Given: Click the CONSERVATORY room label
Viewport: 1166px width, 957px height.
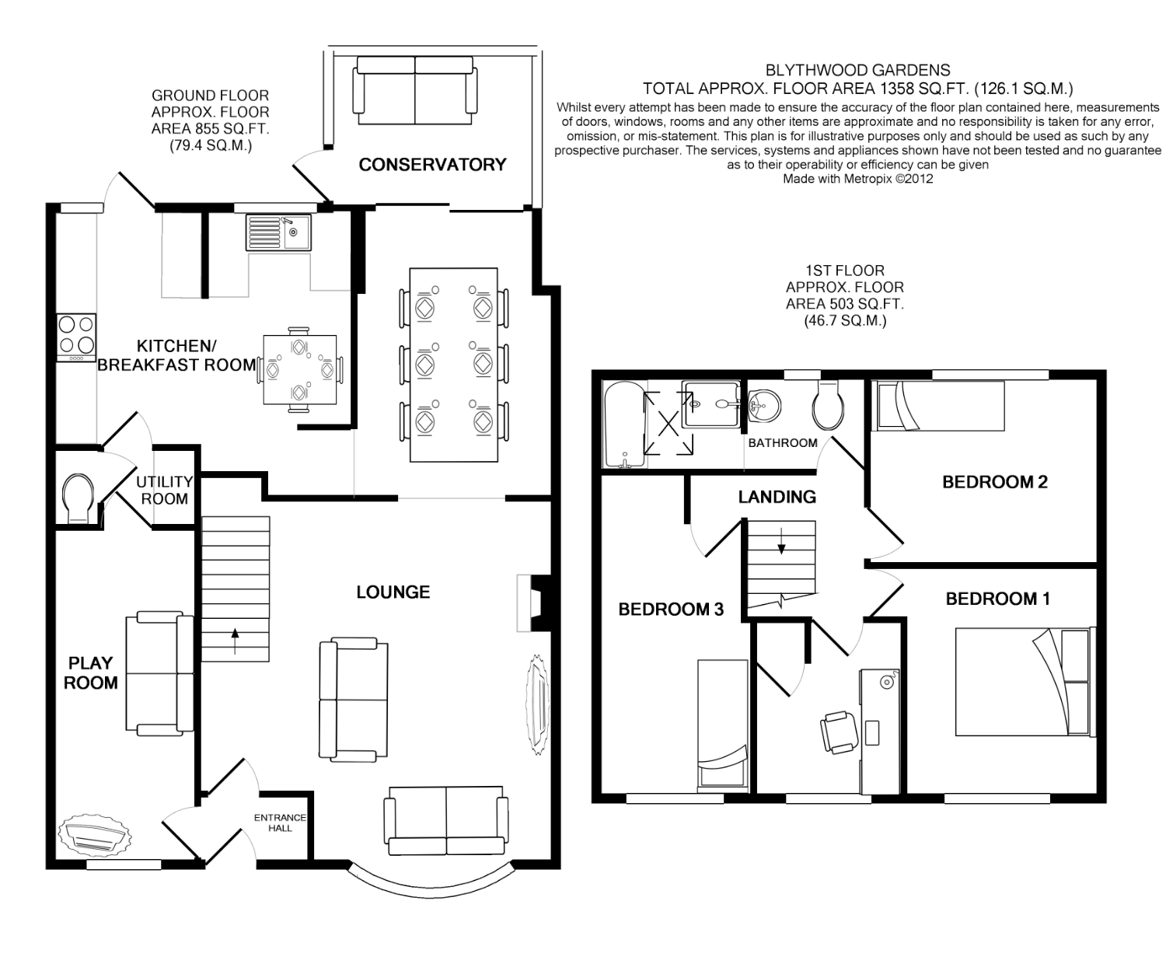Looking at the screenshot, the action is pyautogui.click(x=432, y=165).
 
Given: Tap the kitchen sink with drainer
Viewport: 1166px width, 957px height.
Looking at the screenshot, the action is pyautogui.click(x=278, y=232).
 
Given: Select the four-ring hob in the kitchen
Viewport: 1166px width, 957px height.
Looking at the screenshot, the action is pyautogui.click(x=76, y=338).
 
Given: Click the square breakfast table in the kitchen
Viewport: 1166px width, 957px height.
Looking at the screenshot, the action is pyautogui.click(x=299, y=369).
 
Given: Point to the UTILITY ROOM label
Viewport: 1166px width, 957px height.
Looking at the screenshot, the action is pyautogui.click(x=164, y=491).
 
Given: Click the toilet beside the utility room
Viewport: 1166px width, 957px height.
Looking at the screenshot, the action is pyautogui.click(x=78, y=498).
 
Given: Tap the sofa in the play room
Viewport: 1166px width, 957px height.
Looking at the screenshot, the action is pyautogui.click(x=160, y=672).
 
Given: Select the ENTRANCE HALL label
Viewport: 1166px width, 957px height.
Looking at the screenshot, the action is pyautogui.click(x=280, y=823).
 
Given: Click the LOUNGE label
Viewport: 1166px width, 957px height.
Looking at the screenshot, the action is pyautogui.click(x=393, y=592).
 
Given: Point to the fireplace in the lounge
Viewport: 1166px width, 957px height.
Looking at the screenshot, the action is pyautogui.click(x=534, y=603).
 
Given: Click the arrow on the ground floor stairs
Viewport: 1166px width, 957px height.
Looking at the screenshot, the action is pyautogui.click(x=235, y=641).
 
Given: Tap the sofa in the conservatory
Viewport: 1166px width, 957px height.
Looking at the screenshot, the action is pyautogui.click(x=414, y=91).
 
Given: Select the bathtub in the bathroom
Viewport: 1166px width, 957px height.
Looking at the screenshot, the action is pyautogui.click(x=624, y=424).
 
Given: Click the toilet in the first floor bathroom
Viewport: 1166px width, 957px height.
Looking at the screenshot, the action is pyautogui.click(x=828, y=406).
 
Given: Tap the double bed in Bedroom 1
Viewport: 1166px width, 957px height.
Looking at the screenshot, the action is pyautogui.click(x=1025, y=682).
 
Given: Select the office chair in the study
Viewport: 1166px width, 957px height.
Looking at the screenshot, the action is pyautogui.click(x=840, y=732).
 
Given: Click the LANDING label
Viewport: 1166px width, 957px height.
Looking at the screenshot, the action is pyautogui.click(x=777, y=497).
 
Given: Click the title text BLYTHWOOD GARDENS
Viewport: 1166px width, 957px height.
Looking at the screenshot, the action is pyautogui.click(x=857, y=70).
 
